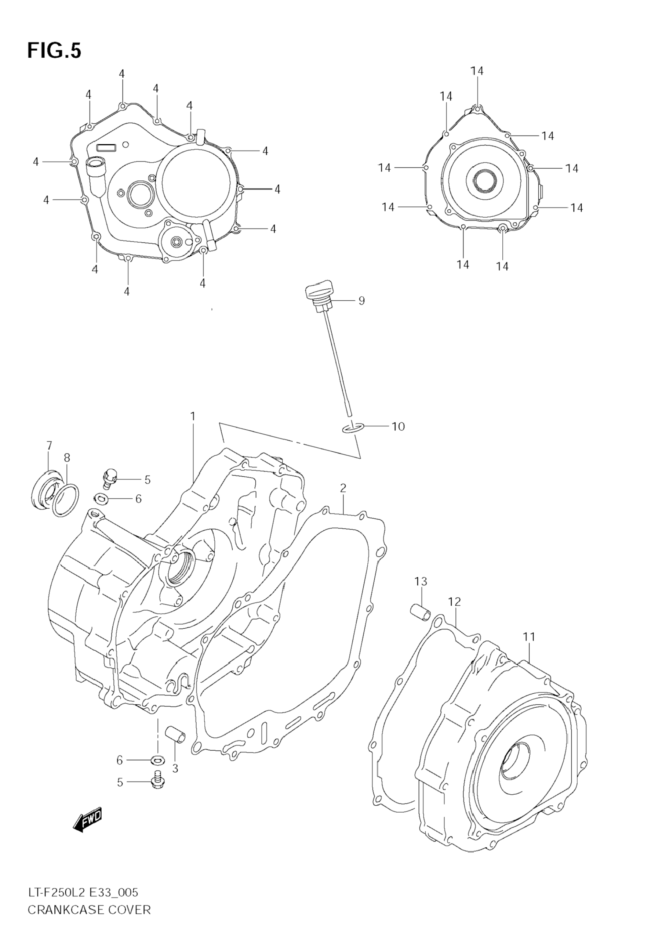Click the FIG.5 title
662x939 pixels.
click(x=54, y=51)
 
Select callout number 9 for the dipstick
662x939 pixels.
click(x=361, y=301)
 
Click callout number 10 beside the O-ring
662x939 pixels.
click(x=398, y=427)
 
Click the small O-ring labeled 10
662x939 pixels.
click(x=352, y=428)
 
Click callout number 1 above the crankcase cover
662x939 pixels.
click(x=192, y=417)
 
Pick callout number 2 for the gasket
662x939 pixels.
click(x=343, y=488)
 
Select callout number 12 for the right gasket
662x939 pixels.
click(x=454, y=602)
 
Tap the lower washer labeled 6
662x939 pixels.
click(x=157, y=760)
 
